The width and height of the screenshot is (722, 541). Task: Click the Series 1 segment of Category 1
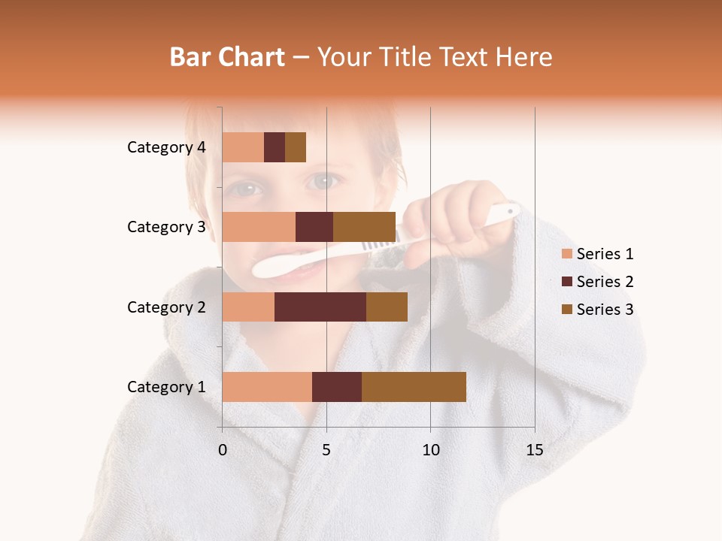tap(267, 387)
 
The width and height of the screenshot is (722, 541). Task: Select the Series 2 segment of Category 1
tap(337, 387)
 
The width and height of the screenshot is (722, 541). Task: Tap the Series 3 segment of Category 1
tap(414, 387)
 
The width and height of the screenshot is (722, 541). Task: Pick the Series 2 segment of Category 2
tap(320, 307)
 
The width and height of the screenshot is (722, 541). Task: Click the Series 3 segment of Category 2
tap(387, 307)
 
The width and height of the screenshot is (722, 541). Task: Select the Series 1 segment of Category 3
tap(259, 227)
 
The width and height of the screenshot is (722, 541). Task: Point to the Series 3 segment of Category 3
tap(364, 227)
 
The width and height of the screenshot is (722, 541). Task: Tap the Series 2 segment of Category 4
tap(275, 147)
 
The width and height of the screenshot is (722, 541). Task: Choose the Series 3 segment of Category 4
tap(296, 147)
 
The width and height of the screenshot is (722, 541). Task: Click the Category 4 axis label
tap(166, 147)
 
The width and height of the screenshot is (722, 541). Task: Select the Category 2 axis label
tap(166, 307)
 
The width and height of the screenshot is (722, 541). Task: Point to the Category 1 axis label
tap(166, 387)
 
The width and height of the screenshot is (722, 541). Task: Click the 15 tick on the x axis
tap(535, 450)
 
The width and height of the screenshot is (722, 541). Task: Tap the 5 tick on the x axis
tap(326, 450)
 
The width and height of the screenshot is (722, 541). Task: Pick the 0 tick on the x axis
tap(223, 450)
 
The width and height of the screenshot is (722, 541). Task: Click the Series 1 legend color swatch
tap(566, 254)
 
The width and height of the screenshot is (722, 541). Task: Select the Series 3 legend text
tap(605, 310)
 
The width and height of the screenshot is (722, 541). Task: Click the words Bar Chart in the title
tap(227, 57)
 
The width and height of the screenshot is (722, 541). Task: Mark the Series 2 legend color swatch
tap(566, 282)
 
